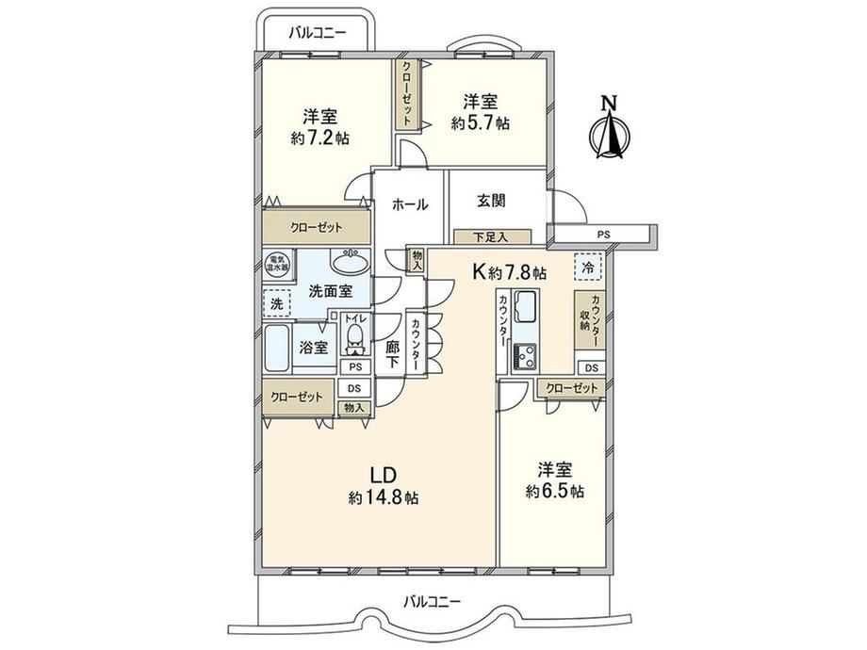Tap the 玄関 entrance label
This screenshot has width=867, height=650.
point(491,201)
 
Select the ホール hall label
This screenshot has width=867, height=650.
point(410,204)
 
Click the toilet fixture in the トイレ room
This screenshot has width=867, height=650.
point(355,339)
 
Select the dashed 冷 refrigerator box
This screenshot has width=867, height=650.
point(589,268)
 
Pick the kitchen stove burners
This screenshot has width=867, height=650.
point(525,355)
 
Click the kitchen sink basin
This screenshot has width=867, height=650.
point(526,305)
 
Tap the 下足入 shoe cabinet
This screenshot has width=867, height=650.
point(492,237)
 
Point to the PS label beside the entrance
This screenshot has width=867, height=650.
point(603,235)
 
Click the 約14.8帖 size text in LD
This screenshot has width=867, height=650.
point(384,498)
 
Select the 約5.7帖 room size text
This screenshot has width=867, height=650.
point(480,123)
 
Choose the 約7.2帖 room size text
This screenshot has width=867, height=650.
point(320,138)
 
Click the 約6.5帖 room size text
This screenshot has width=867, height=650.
point(554,491)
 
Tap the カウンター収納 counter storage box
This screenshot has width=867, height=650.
point(590,319)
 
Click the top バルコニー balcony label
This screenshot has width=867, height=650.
point(318,33)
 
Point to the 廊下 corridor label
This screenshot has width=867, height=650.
point(392,355)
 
